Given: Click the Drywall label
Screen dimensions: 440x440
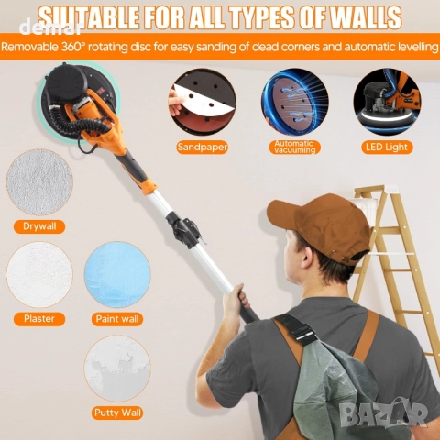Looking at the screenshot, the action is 39,226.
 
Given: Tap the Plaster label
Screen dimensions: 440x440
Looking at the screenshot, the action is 39,319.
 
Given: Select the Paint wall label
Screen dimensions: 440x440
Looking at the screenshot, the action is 117,319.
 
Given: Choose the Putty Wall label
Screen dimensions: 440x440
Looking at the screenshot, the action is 117,413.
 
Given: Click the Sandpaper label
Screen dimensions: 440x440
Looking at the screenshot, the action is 203,148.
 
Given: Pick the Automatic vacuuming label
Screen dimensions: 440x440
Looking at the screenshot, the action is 295,148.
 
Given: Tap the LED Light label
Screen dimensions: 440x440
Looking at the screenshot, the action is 387,148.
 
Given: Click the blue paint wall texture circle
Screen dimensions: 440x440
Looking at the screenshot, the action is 117,274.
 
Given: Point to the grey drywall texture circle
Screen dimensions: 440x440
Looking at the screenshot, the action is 39,182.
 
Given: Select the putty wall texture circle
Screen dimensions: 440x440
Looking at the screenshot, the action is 117,368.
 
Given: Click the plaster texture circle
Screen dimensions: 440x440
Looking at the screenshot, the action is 39,274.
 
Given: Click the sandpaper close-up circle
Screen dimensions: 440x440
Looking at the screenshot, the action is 203,102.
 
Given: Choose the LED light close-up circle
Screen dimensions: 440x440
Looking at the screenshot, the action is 387,102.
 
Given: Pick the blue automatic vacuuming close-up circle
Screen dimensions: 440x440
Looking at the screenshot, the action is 295,102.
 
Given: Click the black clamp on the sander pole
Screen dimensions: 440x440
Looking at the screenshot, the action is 182,230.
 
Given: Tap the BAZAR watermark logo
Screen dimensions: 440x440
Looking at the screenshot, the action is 384,414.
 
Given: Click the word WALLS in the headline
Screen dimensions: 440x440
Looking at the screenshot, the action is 362,16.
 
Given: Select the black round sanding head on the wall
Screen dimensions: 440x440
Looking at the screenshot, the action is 78,103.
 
